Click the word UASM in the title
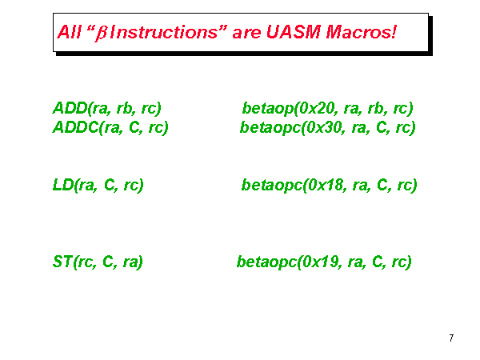(x=294, y=32)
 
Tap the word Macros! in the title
(x=361, y=32)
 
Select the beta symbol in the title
(x=101, y=34)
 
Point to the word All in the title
(x=69, y=32)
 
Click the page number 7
(x=451, y=338)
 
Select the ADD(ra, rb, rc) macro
(x=107, y=108)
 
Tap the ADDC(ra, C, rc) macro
(x=110, y=127)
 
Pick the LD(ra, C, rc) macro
(x=98, y=185)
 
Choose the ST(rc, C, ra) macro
(x=98, y=262)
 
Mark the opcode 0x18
(x=326, y=185)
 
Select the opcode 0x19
(x=322, y=262)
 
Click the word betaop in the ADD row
(x=268, y=109)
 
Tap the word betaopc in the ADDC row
(x=270, y=128)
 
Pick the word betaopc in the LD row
(x=272, y=186)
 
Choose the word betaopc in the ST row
(x=267, y=262)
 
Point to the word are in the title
(x=246, y=33)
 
